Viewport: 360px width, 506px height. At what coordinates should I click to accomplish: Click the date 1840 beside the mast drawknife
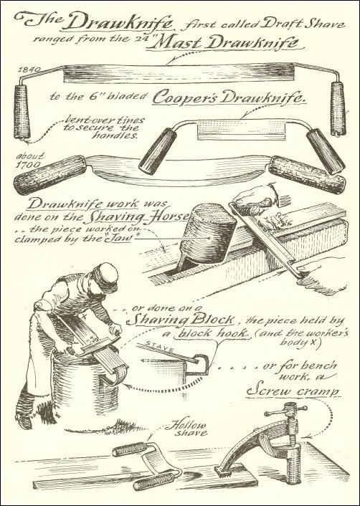tap(29, 70)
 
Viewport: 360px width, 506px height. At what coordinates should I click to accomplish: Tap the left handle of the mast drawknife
tap(22, 112)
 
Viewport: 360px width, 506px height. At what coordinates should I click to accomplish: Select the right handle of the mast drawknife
tap(338, 109)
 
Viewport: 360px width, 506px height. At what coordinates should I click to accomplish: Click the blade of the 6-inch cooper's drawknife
tap(242, 130)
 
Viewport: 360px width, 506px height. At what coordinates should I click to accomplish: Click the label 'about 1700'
tap(29, 161)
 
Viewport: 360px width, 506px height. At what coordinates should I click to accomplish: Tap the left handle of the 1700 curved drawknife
tap(49, 174)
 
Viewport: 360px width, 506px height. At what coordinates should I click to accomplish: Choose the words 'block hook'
tap(212, 333)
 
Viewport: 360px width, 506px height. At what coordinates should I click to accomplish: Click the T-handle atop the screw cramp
tap(285, 411)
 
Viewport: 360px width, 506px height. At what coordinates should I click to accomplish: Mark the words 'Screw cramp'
tap(293, 391)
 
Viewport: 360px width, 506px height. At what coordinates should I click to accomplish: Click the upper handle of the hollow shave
tap(129, 449)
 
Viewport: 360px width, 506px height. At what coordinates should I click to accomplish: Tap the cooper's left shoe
tap(24, 421)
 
